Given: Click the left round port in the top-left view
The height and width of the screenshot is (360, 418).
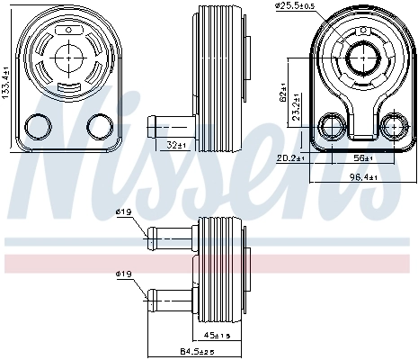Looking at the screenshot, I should (x=40, y=126).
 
